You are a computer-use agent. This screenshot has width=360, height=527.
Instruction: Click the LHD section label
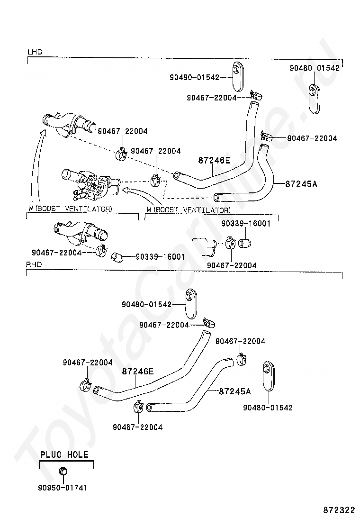click(x=35, y=52)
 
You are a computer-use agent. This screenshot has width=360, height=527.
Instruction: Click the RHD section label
click(x=35, y=265)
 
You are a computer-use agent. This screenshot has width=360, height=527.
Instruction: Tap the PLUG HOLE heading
click(x=64, y=454)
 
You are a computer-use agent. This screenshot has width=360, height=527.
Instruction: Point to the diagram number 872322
click(x=339, y=510)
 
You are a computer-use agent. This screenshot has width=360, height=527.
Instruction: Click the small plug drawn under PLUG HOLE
click(x=63, y=471)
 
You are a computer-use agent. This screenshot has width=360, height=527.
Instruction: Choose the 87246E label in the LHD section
click(x=214, y=161)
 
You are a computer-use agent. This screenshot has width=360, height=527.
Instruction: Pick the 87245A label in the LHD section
click(x=301, y=183)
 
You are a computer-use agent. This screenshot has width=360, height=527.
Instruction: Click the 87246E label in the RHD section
click(x=138, y=372)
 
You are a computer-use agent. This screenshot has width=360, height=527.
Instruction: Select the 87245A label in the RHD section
click(x=235, y=391)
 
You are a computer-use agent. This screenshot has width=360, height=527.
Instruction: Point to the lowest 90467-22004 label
click(x=137, y=427)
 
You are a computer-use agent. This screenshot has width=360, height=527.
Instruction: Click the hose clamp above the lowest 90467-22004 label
click(x=138, y=406)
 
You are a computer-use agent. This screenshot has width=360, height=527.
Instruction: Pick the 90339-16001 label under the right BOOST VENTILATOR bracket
click(x=245, y=223)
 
